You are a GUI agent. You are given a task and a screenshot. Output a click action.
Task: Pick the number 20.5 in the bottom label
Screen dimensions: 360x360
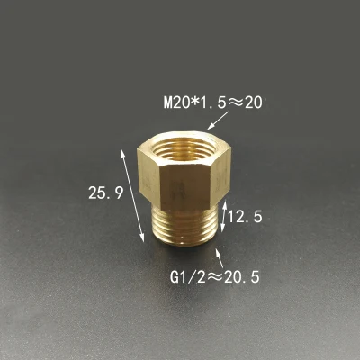(x=242, y=276)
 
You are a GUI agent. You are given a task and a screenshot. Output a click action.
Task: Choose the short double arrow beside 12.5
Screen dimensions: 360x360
(x=226, y=215)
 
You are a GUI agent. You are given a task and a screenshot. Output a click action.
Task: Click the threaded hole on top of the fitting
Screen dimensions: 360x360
(x=185, y=148)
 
